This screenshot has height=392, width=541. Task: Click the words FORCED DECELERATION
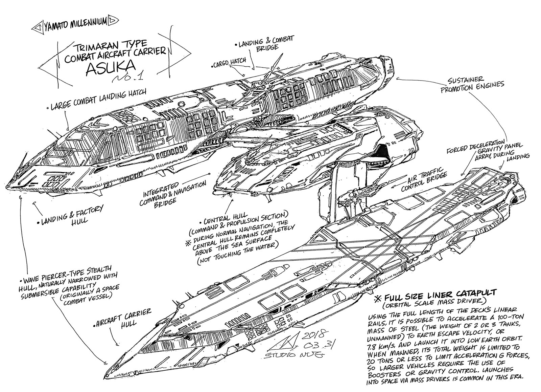tap(475, 144)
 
